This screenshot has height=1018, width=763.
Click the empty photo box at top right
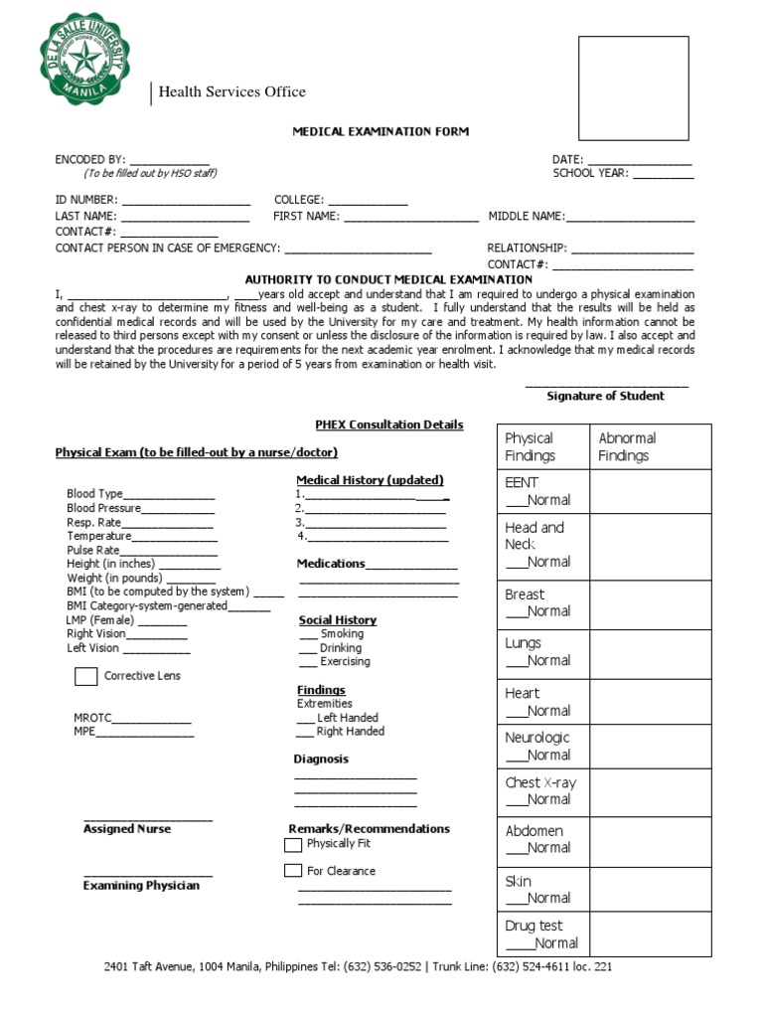(634, 88)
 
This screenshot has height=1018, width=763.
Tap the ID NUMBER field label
(86, 200)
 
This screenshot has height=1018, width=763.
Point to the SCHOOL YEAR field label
(590, 173)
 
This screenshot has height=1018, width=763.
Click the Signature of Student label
(605, 396)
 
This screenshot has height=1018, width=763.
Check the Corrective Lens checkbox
(86, 677)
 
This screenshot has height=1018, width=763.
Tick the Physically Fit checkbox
(293, 845)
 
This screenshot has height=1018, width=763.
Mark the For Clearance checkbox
(293, 871)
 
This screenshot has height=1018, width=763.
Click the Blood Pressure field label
(104, 508)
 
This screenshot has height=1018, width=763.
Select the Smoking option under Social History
(341, 633)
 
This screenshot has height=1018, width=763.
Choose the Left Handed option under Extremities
(347, 717)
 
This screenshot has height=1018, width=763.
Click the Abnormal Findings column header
(627, 446)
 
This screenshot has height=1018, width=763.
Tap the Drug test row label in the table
(534, 926)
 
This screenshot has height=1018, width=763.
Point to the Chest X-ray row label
(539, 782)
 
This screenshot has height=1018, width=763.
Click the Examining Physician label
(141, 885)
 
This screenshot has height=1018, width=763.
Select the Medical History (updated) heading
(370, 480)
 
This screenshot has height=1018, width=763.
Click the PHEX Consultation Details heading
(389, 424)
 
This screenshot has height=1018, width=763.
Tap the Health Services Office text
(232, 92)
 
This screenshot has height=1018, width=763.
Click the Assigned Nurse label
(127, 829)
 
